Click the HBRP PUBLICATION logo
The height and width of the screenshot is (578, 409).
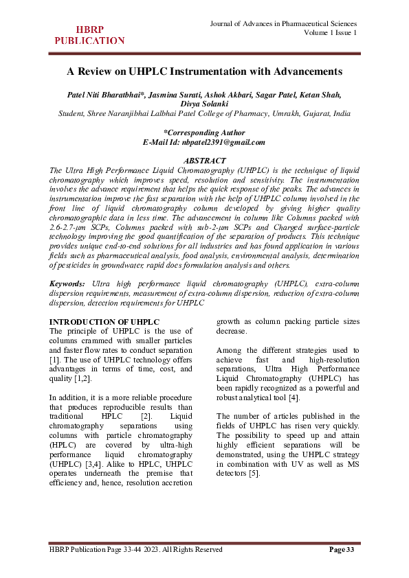coord(89,34)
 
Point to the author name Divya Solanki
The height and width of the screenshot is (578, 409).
coord(204,104)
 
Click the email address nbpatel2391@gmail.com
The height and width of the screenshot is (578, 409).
coord(223,142)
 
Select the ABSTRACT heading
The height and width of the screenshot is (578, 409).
coord(204,159)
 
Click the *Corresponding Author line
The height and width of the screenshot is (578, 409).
coord(204,132)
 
